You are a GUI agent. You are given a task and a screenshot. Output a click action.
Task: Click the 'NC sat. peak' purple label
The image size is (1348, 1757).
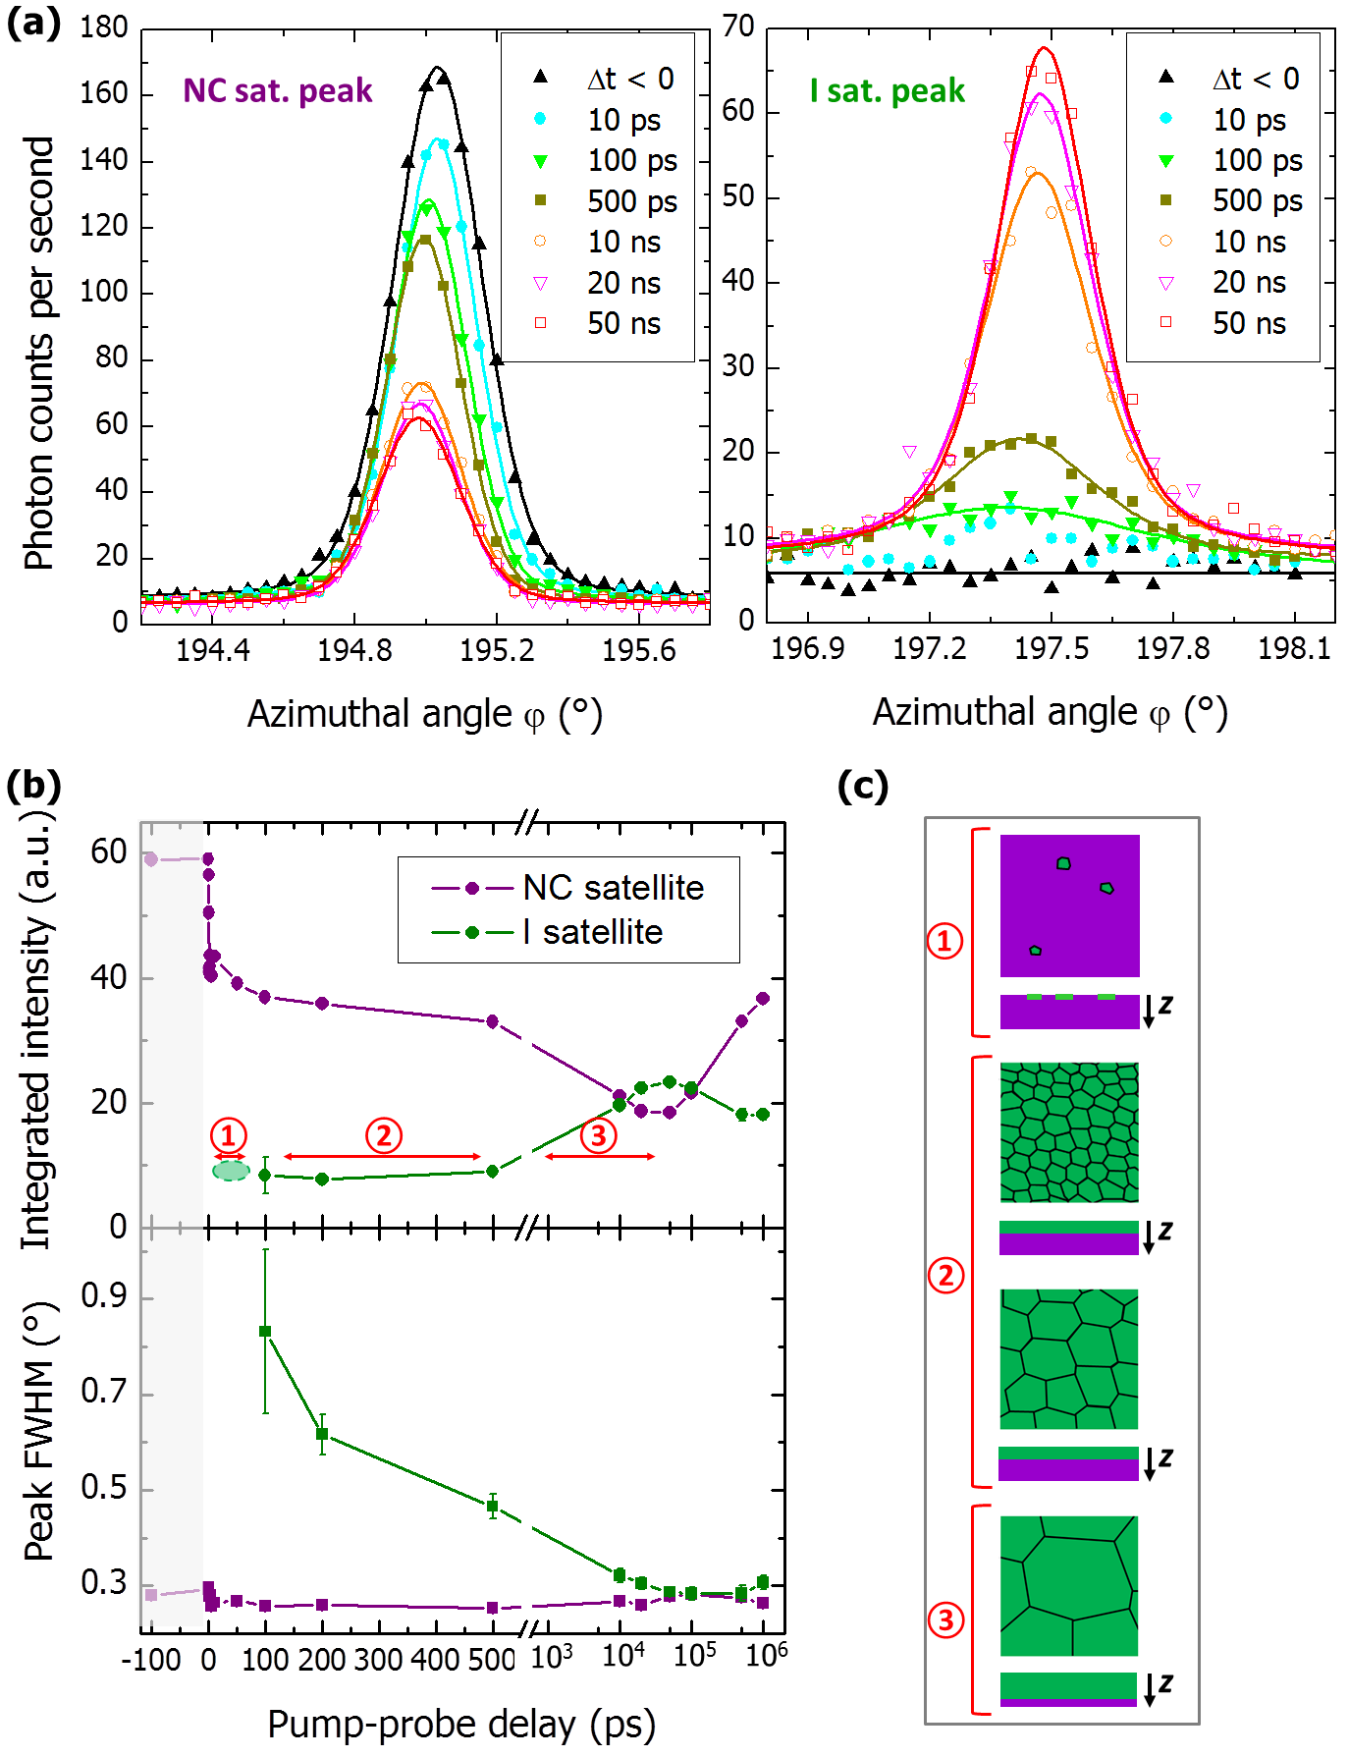click(278, 90)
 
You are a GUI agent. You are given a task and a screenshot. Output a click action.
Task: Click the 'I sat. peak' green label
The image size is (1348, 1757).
click(887, 91)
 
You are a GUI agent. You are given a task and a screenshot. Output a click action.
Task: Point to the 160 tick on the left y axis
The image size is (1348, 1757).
click(104, 93)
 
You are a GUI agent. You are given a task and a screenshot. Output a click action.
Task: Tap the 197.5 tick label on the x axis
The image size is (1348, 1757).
click(1051, 648)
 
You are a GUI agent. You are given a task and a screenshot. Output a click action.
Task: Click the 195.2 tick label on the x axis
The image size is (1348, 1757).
click(497, 649)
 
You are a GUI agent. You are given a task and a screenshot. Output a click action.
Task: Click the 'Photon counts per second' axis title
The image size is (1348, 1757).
click(39, 354)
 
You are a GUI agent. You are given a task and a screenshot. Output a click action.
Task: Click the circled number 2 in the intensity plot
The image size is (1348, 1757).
click(383, 1135)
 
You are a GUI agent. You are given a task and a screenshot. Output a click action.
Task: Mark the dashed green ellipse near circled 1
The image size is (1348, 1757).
click(231, 1170)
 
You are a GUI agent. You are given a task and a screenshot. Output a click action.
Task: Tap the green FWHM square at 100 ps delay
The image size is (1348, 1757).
click(265, 1332)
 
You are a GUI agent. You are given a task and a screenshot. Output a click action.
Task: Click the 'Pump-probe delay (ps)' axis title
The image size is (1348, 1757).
click(461, 1724)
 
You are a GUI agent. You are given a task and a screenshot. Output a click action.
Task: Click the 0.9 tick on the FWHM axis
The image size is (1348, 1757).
click(104, 1297)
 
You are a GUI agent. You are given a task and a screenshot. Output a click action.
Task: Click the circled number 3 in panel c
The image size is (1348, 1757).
click(945, 1620)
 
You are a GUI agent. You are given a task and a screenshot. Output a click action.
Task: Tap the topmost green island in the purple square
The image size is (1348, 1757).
click(1063, 863)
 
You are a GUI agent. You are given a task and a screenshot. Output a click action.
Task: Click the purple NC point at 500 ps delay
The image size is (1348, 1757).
click(493, 1021)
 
